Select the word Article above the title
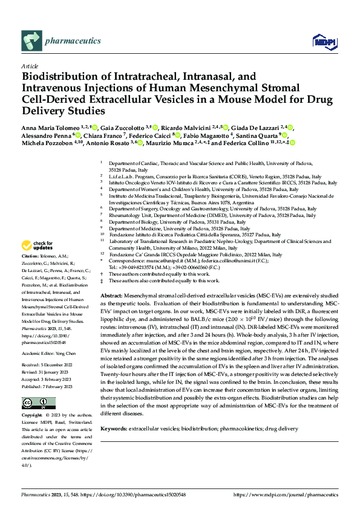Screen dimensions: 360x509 [30, 66]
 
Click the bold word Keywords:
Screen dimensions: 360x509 [116, 429]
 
